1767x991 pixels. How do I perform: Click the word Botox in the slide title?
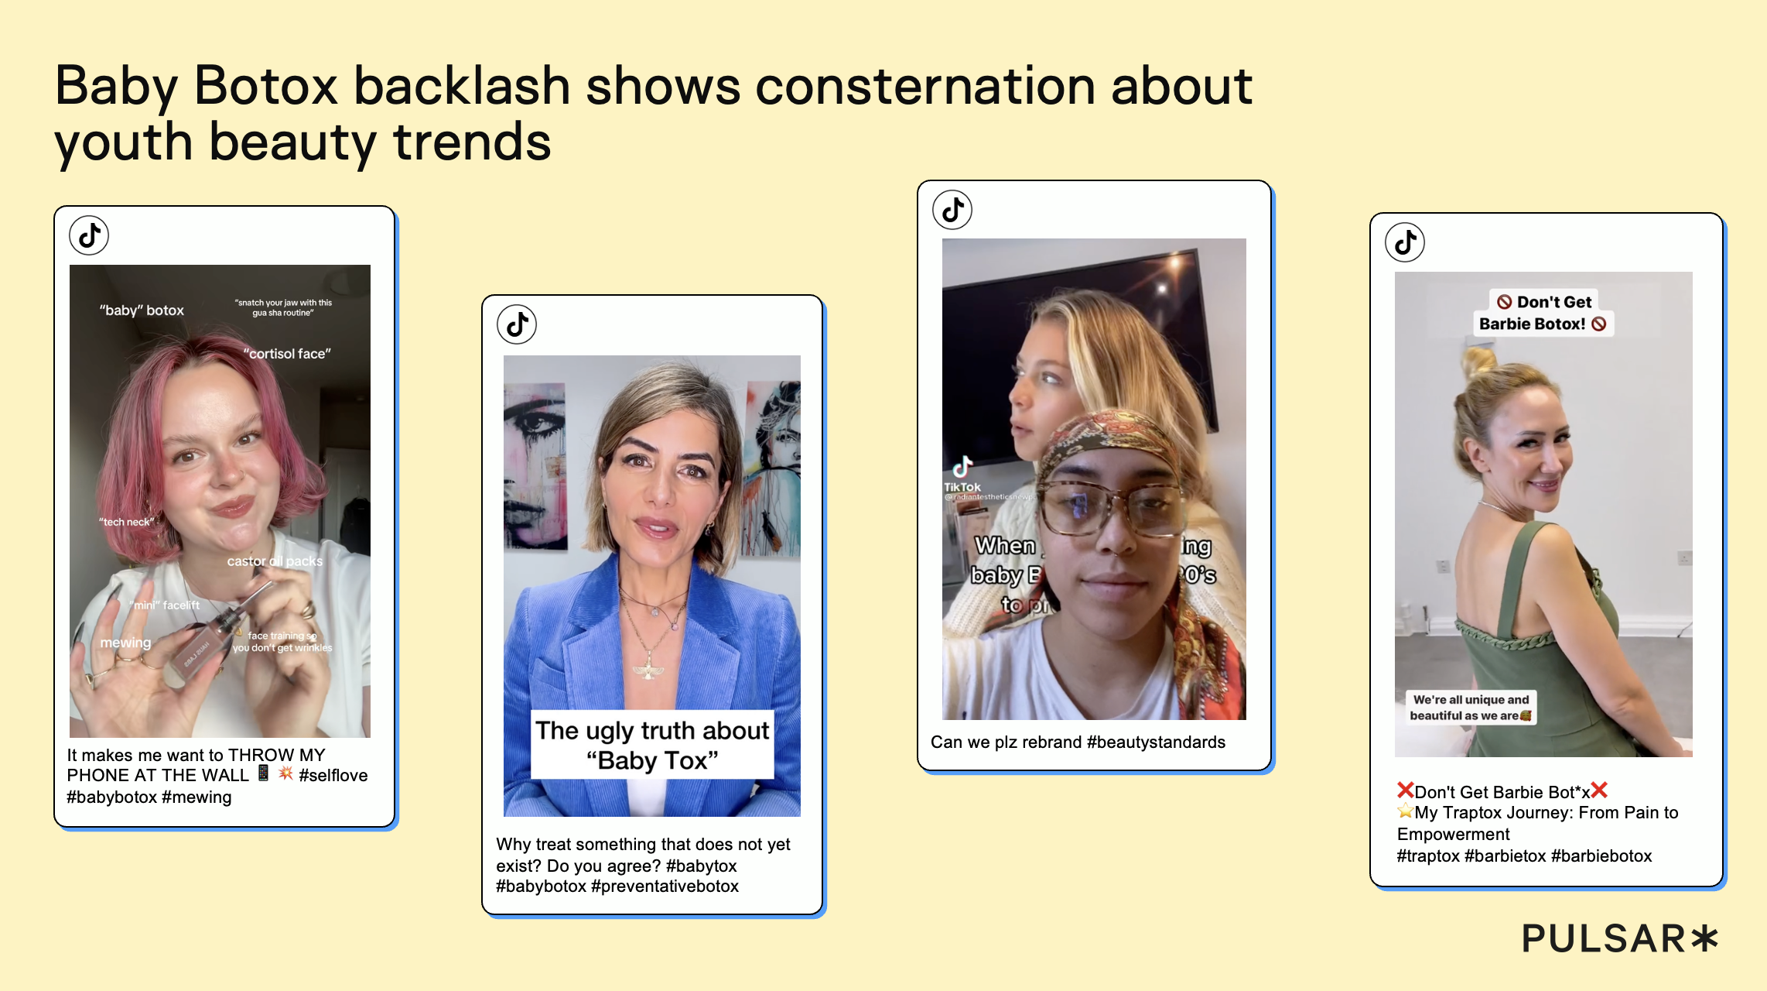coord(265,86)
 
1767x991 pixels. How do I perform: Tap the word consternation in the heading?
coord(925,86)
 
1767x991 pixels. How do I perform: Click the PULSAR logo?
coord(1618,938)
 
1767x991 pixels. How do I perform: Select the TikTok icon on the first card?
coord(89,235)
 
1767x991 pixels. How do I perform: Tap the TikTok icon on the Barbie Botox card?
coord(1405,242)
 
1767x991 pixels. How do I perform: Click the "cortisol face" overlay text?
coord(287,354)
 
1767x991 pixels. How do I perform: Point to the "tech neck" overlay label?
coord(126,522)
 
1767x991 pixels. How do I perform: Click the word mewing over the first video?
coord(125,643)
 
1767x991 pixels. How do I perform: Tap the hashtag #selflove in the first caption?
coord(333,776)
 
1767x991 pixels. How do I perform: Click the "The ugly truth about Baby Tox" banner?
coord(652,745)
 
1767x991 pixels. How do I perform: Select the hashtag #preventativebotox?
coord(665,886)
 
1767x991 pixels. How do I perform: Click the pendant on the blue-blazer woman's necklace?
coord(648,670)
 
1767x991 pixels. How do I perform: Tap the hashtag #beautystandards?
coord(1156,742)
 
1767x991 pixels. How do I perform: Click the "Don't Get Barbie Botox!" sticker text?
coord(1543,313)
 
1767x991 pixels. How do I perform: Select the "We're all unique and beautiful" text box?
coord(1470,708)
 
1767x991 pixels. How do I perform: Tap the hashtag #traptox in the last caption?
coord(1428,856)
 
